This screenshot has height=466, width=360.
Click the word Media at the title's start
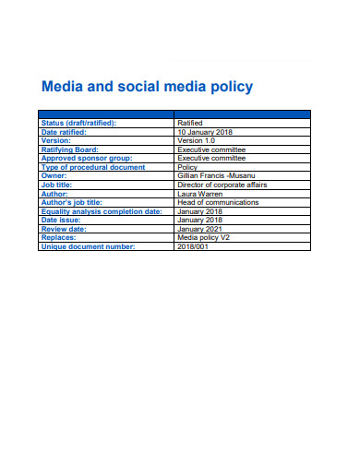[63, 88]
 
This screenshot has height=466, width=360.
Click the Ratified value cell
[190, 123]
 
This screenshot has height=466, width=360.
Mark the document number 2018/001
[192, 246]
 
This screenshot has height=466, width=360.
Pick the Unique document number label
[88, 246]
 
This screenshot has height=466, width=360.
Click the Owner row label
[54, 175]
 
